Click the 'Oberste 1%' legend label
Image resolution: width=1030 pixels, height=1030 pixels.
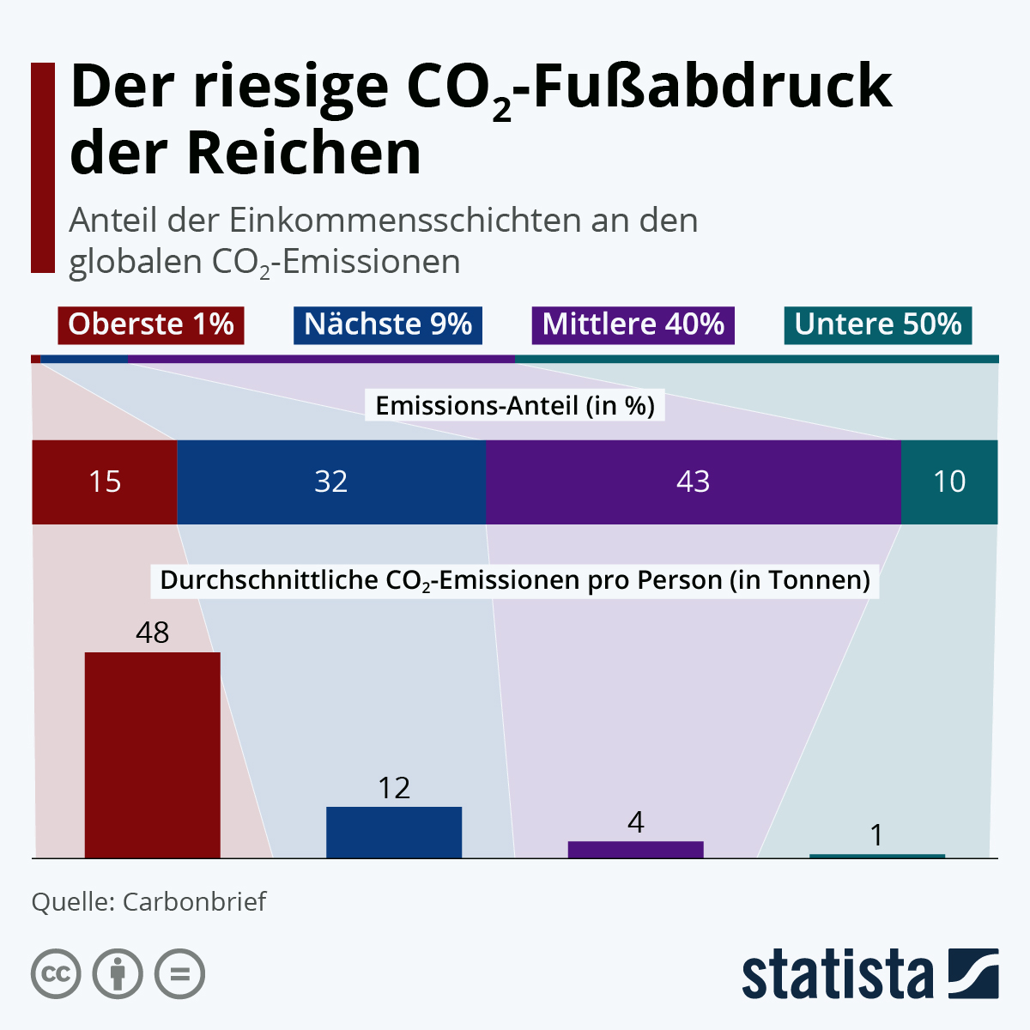pyautogui.click(x=151, y=324)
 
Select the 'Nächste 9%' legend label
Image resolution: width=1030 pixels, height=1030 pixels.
pyautogui.click(x=388, y=324)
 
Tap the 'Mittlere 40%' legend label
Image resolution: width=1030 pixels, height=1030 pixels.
pyautogui.click(x=633, y=324)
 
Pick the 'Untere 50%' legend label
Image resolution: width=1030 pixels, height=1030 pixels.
pyautogui.click(x=878, y=324)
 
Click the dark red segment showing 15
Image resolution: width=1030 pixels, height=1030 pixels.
pyautogui.click(x=105, y=482)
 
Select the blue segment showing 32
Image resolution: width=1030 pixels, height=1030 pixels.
pyautogui.click(x=331, y=482)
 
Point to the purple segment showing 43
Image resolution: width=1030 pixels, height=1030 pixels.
pyautogui.click(x=694, y=482)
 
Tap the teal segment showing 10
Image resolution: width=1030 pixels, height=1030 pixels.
pyautogui.click(x=949, y=482)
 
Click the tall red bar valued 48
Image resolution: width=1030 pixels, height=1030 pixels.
pyautogui.click(x=152, y=755)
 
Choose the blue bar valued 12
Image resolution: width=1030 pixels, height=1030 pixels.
pyautogui.click(x=394, y=833)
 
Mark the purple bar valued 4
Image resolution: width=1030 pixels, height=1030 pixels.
pyautogui.click(x=635, y=850)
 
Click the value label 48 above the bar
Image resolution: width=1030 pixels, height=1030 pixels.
pyautogui.click(x=152, y=633)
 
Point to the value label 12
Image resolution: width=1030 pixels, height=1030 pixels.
pyautogui.click(x=394, y=788)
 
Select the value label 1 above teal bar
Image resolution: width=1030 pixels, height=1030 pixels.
pyautogui.click(x=876, y=835)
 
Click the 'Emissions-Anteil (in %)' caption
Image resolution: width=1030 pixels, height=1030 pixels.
pyautogui.click(x=515, y=405)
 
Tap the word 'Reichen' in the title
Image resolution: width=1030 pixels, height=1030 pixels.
pyautogui.click(x=305, y=154)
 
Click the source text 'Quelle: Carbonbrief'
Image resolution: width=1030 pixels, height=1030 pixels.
pyautogui.click(x=148, y=901)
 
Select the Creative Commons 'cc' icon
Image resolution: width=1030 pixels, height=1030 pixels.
pyautogui.click(x=56, y=974)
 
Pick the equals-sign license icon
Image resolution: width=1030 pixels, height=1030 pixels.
pyautogui.click(x=179, y=974)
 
